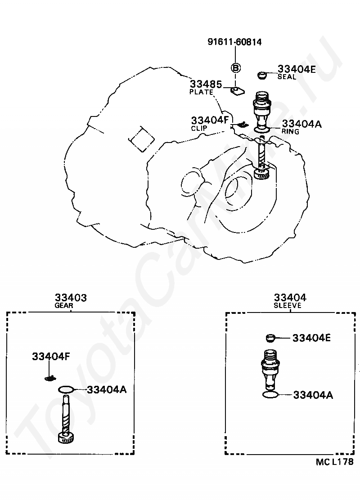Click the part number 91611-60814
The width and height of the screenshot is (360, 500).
[234, 42]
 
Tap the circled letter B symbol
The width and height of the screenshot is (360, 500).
[235, 68]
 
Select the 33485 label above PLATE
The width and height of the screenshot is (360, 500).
[206, 84]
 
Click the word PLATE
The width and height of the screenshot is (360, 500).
[201, 92]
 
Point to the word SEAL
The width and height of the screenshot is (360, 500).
[287, 77]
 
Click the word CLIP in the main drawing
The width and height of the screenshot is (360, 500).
[199, 128]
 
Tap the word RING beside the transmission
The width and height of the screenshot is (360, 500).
[290, 131]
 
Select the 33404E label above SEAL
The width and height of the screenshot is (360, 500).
[297, 69]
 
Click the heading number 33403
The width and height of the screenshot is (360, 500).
[71, 297]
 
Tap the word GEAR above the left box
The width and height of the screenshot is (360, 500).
[64, 305]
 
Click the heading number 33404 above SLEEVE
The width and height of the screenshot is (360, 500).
[290, 297]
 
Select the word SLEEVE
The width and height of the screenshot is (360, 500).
[288, 305]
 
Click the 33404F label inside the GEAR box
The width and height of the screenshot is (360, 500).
[51, 357]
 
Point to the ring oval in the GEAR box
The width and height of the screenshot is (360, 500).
[66, 389]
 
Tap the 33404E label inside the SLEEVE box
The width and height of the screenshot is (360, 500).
[311, 338]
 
